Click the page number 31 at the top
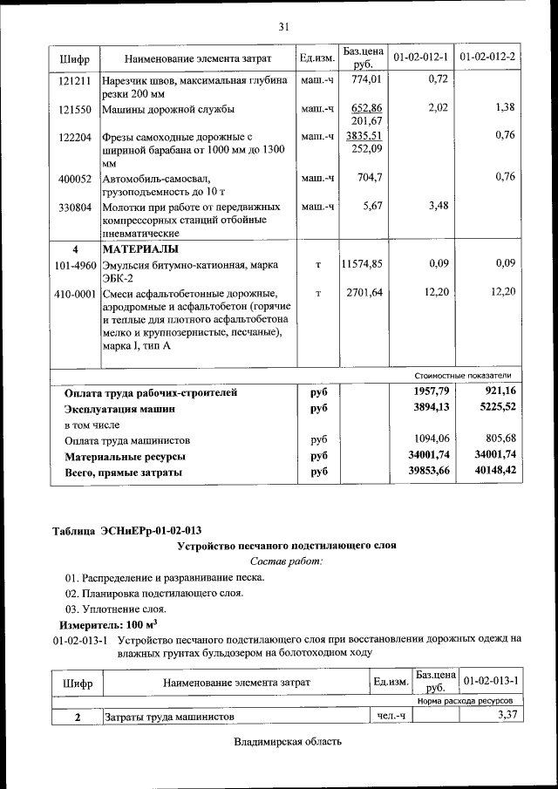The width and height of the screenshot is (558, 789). point(283,27)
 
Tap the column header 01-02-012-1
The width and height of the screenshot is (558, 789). point(420,57)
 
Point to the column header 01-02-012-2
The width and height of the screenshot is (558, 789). point(487,57)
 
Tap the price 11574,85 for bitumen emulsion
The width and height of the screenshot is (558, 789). point(362,263)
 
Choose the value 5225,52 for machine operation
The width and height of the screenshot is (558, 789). point(493,407)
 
